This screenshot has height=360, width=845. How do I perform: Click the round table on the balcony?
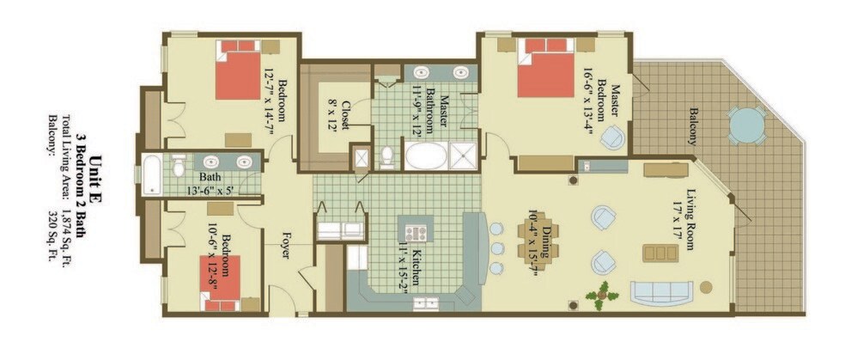point(746,125)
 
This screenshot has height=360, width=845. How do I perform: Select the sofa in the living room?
point(663,293)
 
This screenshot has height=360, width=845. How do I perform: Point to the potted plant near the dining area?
point(602,296)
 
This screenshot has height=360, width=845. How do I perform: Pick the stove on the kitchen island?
point(416,234)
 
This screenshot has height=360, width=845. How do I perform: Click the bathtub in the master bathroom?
point(426,156)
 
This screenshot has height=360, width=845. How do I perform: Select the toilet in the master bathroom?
point(386,156)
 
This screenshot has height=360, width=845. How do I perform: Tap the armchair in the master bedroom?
point(613,137)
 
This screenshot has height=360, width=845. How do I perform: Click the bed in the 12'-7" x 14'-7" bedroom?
point(240,70)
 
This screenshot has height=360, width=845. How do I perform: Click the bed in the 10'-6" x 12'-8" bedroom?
point(221,283)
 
